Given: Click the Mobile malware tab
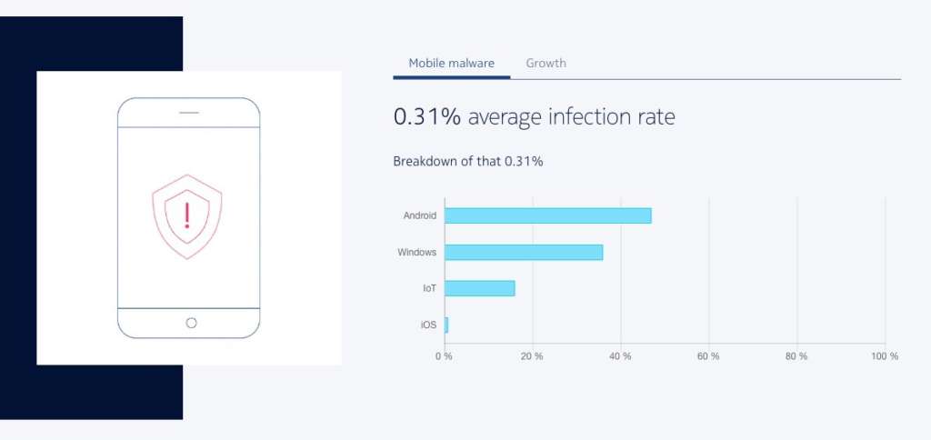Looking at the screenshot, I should [x=451, y=64].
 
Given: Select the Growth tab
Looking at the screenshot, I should [x=546, y=64].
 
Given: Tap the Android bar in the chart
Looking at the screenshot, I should [x=547, y=215].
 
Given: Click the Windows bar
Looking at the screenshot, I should [x=523, y=252].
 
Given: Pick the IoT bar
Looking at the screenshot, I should [x=479, y=288].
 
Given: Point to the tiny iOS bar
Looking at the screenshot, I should [x=446, y=325].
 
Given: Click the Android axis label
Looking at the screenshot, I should [x=420, y=215].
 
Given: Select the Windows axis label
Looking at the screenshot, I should [x=416, y=252].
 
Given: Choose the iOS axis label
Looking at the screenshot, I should [x=427, y=325].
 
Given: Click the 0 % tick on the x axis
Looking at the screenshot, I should [x=444, y=356].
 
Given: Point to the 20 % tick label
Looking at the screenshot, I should [x=532, y=356].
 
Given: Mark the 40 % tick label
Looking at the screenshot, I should [x=620, y=356].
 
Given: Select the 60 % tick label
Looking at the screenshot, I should [x=708, y=356].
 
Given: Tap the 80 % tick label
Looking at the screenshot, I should [x=796, y=356].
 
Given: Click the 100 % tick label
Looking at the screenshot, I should [x=884, y=356].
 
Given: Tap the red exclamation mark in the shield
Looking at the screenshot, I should [x=187, y=216].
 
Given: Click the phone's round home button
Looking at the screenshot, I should [x=191, y=323].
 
